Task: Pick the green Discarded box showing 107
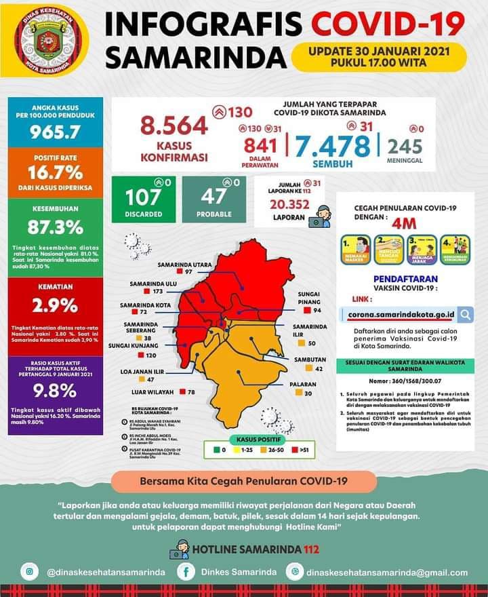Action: (143, 199)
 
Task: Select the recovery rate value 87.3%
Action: (56, 226)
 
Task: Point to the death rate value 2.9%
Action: (56, 305)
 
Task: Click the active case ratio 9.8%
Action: (56, 391)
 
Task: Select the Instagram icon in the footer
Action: (30, 572)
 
